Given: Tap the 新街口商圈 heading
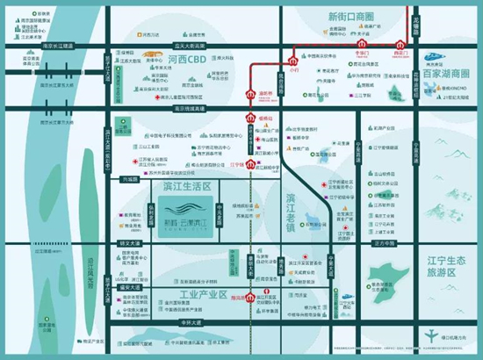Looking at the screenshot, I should tap(350, 17).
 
